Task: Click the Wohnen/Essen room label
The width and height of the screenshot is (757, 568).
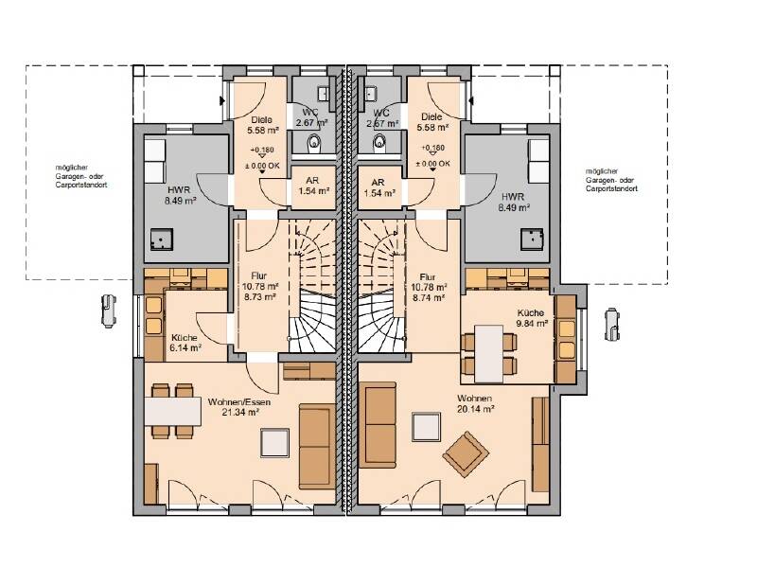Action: coord(239,401)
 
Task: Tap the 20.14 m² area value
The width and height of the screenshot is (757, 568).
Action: coord(476,409)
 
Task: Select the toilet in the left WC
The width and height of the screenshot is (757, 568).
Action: coord(314,143)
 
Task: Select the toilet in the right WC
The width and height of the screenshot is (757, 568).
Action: coord(380,141)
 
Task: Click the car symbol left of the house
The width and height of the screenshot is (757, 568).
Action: coord(109,311)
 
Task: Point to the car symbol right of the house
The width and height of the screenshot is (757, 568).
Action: coord(612,324)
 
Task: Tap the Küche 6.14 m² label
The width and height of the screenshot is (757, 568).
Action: coord(185,343)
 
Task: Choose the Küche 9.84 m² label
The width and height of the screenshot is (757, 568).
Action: coord(531,318)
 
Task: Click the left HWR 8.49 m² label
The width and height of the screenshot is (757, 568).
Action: coord(180,195)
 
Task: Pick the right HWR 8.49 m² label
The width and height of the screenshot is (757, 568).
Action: coord(513,203)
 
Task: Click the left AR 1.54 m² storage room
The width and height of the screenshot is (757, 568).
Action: coord(314,187)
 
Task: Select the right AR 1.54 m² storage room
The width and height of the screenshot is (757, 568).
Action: coord(379,187)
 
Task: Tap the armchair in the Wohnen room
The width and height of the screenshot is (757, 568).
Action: coord(466,454)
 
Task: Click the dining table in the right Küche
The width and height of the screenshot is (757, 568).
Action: coord(489,353)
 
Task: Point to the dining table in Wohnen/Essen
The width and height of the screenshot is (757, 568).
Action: coord(173,411)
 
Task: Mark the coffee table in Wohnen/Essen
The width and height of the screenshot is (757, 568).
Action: coord(275,442)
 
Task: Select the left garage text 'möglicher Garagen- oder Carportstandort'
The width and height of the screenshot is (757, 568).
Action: coord(81,176)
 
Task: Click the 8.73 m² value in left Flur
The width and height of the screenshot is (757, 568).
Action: coord(259,296)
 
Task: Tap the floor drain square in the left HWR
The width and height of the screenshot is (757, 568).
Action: coord(161,239)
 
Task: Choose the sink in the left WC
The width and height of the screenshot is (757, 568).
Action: coord(324,93)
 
